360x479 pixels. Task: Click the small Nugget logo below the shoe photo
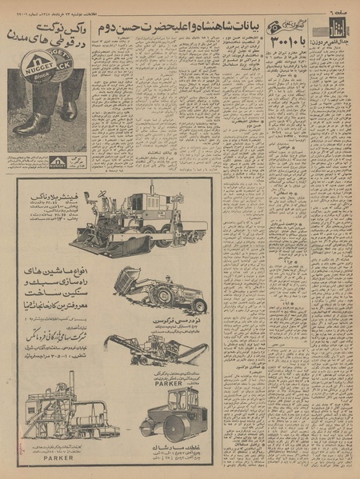click(58, 162)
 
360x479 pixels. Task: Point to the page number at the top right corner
click(343, 6)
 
